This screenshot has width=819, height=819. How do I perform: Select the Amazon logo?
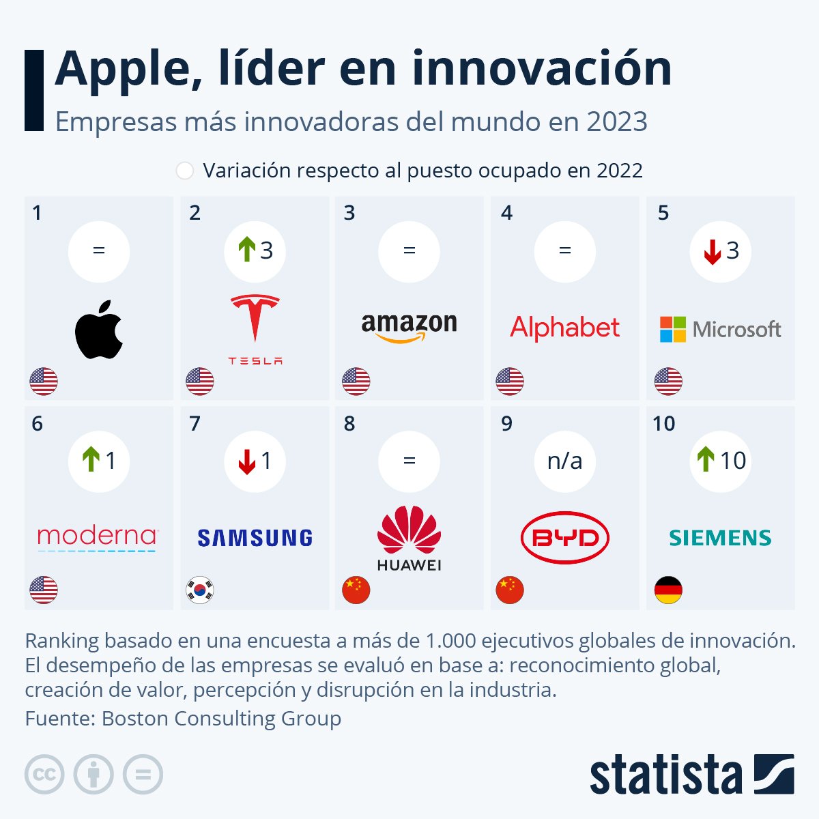coord(409,327)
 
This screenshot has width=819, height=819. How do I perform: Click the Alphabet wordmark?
coord(564,328)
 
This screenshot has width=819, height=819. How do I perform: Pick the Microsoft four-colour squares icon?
coord(672,329)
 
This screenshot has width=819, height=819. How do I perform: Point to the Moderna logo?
coord(98,538)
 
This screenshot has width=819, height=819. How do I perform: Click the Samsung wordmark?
coord(255,538)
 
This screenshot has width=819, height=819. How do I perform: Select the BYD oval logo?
coord(564,538)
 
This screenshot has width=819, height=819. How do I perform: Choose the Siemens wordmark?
coord(720,538)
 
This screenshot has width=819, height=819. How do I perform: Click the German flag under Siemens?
coord(668,590)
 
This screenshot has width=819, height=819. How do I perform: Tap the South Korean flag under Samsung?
coord(200,590)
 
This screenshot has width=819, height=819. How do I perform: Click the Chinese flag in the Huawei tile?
coord(356,590)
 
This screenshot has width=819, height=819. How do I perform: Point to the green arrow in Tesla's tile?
coord(246,250)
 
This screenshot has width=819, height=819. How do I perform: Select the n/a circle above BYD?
coord(564,461)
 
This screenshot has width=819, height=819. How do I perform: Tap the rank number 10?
coord(663,424)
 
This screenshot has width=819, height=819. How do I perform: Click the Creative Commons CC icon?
coord(44,775)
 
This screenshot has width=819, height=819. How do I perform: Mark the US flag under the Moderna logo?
coord(44,590)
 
